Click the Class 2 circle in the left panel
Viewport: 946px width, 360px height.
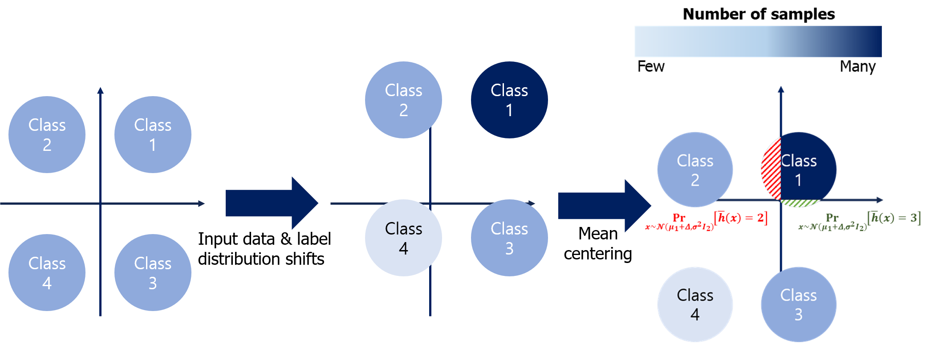pos(47,134)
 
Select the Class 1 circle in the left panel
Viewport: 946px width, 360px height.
pos(153,134)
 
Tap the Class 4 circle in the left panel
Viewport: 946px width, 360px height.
pos(47,272)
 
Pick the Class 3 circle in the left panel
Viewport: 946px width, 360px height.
pos(153,272)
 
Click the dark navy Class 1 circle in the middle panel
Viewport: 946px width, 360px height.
pos(509,100)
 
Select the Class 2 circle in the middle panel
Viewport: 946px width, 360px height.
pos(403,100)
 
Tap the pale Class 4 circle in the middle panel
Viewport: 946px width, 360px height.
pos(403,238)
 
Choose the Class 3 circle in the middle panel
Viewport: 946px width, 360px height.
pos(509,238)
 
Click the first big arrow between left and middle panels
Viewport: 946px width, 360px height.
pos(272,203)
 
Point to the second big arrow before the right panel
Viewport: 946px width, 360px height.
pos(604,206)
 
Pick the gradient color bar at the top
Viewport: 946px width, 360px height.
pos(758,41)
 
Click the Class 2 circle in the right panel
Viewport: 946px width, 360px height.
pos(695,170)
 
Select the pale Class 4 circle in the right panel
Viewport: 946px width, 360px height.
pos(695,304)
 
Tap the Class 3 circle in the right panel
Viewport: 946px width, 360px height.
pos(799,304)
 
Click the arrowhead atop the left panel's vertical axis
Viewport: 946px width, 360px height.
pos(100,90)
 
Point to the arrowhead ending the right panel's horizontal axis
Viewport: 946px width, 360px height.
pos(880,200)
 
